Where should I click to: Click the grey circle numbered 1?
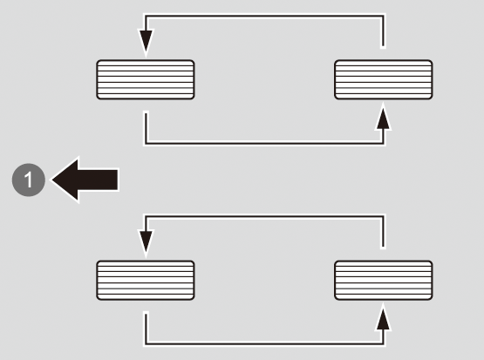(x=29, y=180)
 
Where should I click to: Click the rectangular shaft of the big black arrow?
(x=98, y=180)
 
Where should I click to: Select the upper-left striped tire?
(x=146, y=79)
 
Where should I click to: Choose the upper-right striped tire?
(x=384, y=79)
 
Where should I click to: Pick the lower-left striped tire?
(x=146, y=280)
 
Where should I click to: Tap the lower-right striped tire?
(x=384, y=280)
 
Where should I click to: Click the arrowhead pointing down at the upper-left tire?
(x=146, y=42)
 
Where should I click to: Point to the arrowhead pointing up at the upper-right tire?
(x=384, y=118)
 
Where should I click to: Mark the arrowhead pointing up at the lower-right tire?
(x=384, y=318)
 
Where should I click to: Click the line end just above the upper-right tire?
(x=383, y=46)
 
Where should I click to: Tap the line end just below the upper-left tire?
(x=146, y=113)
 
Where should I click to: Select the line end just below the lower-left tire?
(x=146, y=314)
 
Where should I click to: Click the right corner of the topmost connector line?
(x=383, y=16)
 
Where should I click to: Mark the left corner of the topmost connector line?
(x=146, y=16)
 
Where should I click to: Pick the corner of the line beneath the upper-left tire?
(x=146, y=143)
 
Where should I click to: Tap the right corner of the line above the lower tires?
(x=383, y=216)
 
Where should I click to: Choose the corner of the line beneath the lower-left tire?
(x=146, y=343)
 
